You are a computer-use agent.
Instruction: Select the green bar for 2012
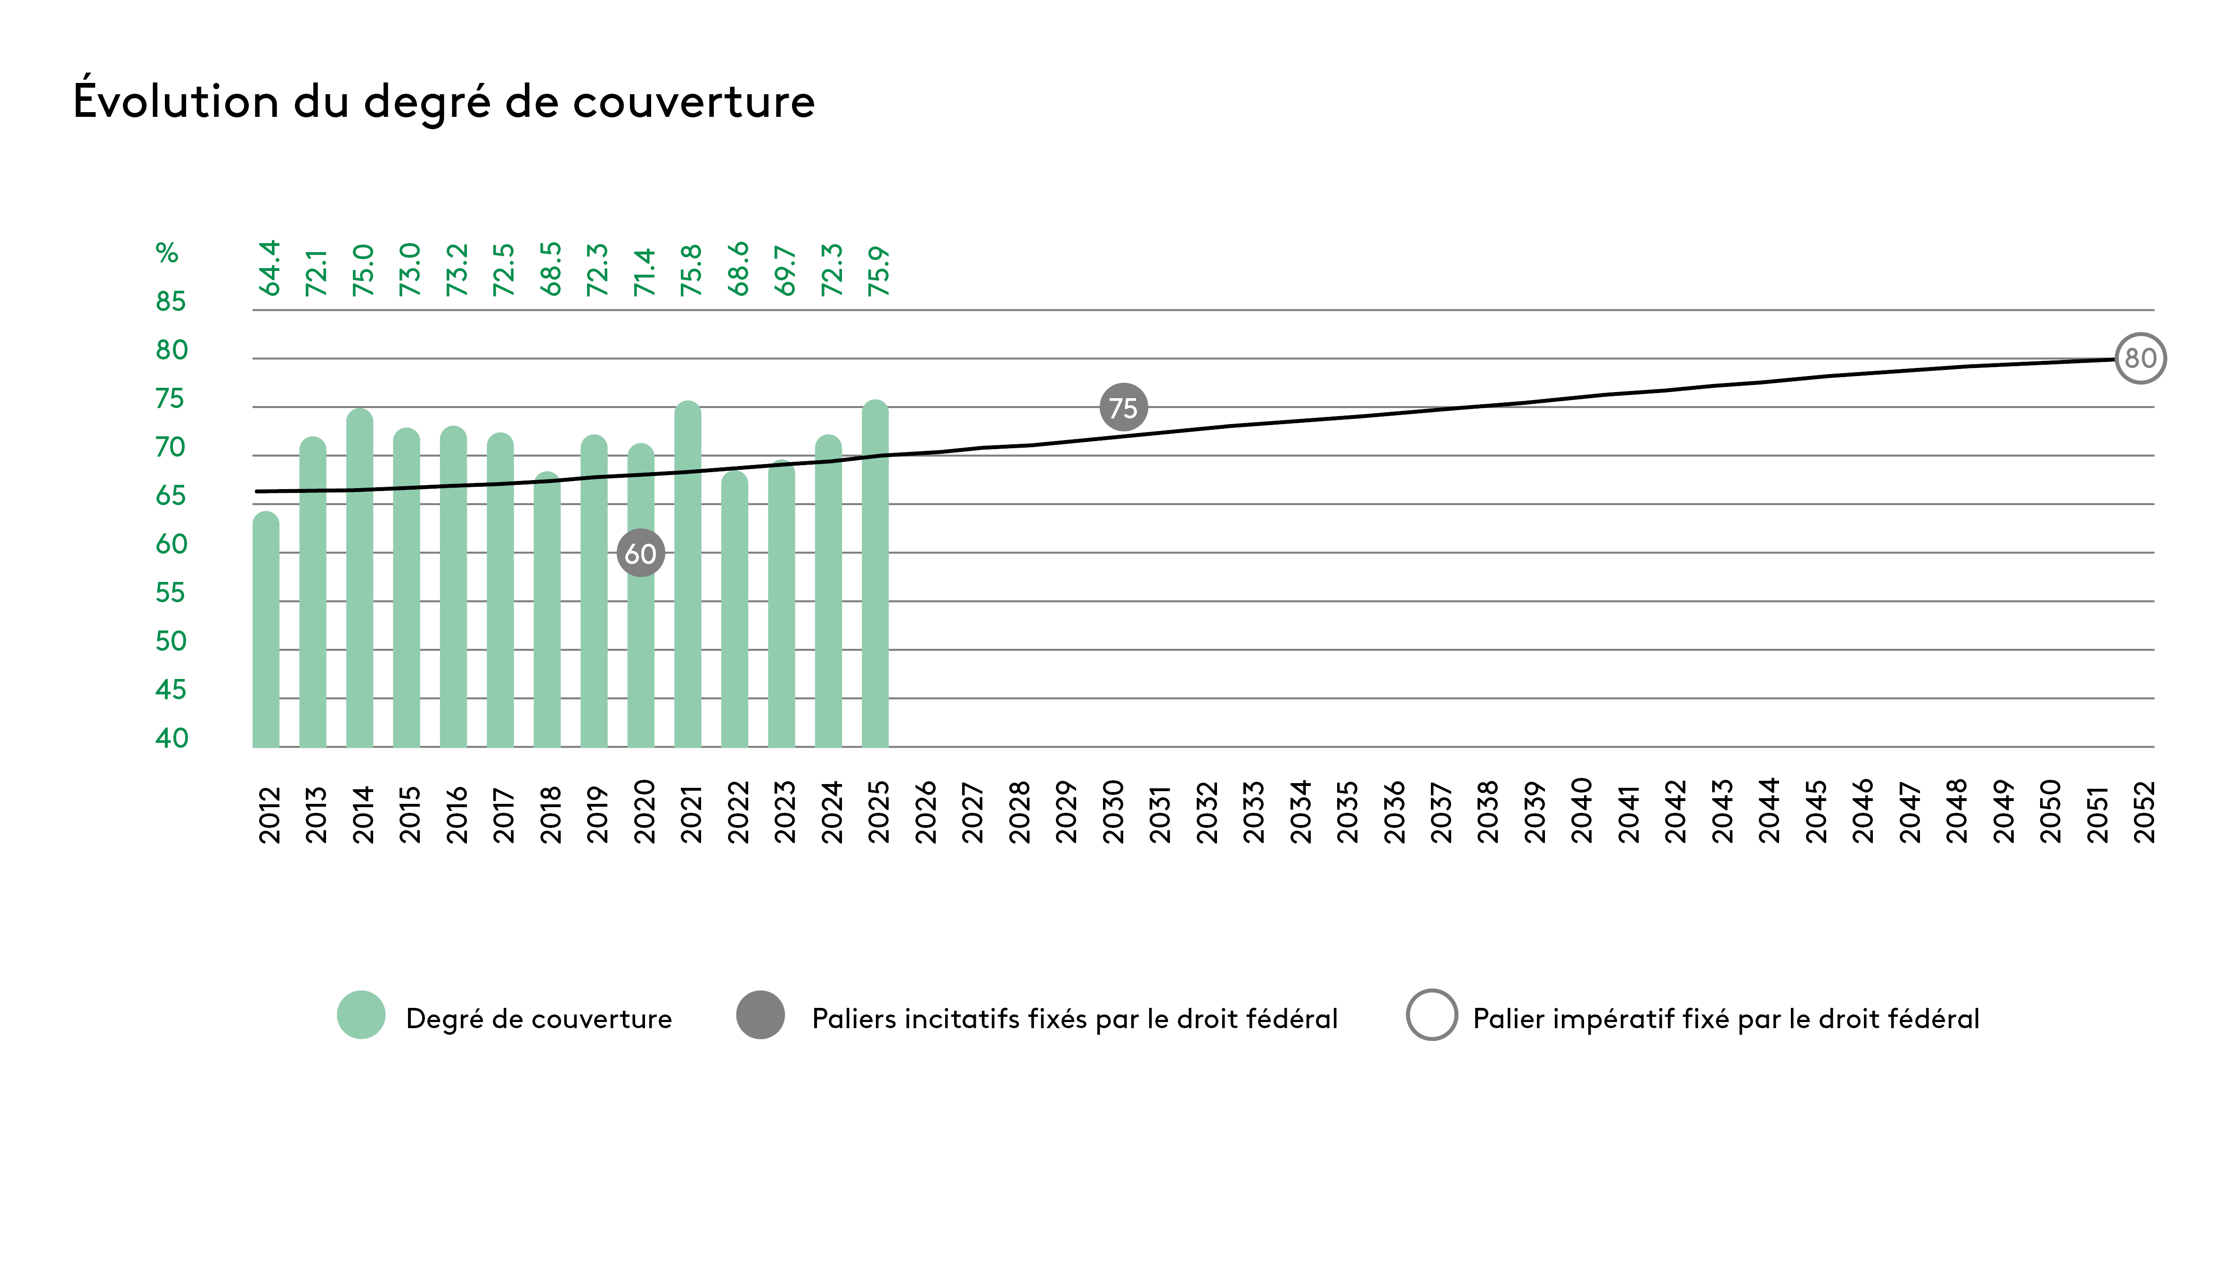click(x=266, y=631)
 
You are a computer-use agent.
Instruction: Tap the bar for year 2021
click(x=688, y=579)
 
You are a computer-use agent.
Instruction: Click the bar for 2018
click(x=547, y=613)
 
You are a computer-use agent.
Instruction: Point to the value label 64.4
click(x=269, y=268)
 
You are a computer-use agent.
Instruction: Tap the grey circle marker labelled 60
click(x=641, y=553)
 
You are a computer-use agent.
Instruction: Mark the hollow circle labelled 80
click(x=2140, y=359)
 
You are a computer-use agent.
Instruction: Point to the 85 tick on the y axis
click(x=171, y=302)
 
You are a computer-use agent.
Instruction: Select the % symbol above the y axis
click(x=166, y=254)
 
